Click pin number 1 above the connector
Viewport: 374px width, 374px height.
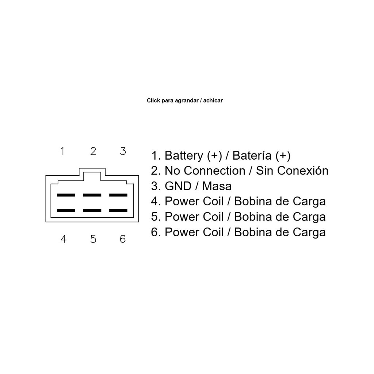pyautogui.click(x=62, y=151)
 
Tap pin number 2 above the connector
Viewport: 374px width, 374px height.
pyautogui.click(x=93, y=151)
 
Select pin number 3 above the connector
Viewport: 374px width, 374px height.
pyautogui.click(x=123, y=151)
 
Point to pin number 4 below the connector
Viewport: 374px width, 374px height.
pyautogui.click(x=64, y=239)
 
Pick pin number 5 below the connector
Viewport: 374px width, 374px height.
pyautogui.click(x=93, y=239)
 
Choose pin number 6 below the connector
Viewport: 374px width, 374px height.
pyautogui.click(x=123, y=239)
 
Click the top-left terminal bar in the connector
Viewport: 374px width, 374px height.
pyautogui.click(x=66, y=195)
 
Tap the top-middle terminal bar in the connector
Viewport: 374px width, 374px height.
pyautogui.click(x=92, y=195)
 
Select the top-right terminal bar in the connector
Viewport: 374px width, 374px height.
pyautogui.click(x=118, y=195)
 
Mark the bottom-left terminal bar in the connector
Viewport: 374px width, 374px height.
pyautogui.click(x=66, y=211)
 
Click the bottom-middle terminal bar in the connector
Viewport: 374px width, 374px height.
pyautogui.click(x=92, y=211)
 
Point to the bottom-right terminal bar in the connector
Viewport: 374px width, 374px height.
pyautogui.click(x=118, y=211)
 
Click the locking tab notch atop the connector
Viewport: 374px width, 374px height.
pyautogui.click(x=92, y=168)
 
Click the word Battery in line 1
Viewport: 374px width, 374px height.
pyautogui.click(x=184, y=156)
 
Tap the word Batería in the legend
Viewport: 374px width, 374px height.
pyautogui.click(x=252, y=156)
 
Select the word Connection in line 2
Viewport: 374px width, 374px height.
pyautogui.click(x=214, y=171)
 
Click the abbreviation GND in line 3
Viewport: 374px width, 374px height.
pyautogui.click(x=178, y=186)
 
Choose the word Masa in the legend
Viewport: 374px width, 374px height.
pyautogui.click(x=217, y=186)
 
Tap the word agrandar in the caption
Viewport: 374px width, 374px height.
pyautogui.click(x=187, y=101)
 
